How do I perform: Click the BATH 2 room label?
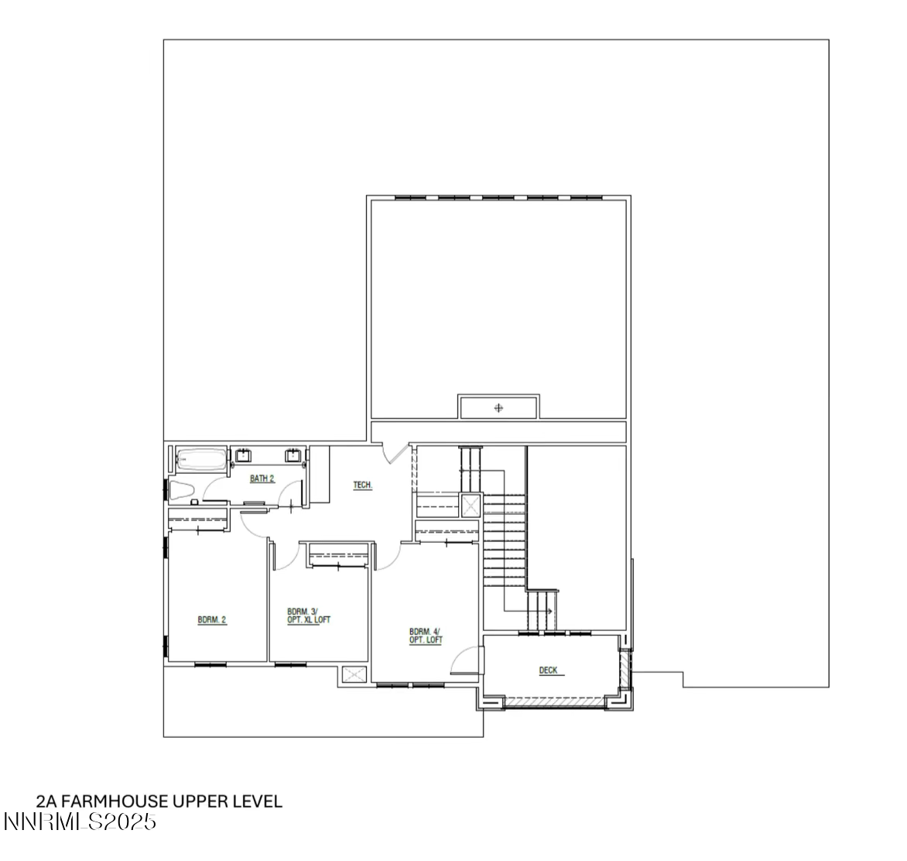pyautogui.click(x=262, y=479)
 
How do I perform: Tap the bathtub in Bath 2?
pyautogui.click(x=202, y=461)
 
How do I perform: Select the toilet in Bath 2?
pyautogui.click(x=182, y=491)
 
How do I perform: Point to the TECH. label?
pyautogui.click(x=363, y=485)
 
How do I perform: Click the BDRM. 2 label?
pyautogui.click(x=212, y=619)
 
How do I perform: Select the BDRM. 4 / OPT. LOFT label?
pyautogui.click(x=426, y=636)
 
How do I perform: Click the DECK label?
pyautogui.click(x=549, y=671)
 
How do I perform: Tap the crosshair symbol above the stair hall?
pyautogui.click(x=498, y=407)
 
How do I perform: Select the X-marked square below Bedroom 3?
pyautogui.click(x=354, y=675)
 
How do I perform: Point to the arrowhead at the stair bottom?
pyautogui.click(x=549, y=612)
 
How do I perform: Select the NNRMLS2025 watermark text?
pyautogui.click(x=80, y=822)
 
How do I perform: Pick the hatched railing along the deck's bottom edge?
pyautogui.click(x=553, y=702)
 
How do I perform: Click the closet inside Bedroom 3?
pyautogui.click(x=337, y=555)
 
